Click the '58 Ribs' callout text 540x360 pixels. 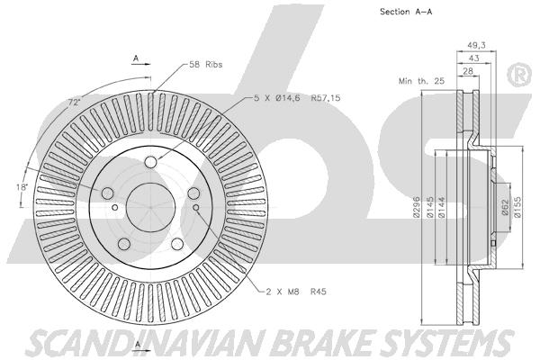[205, 65]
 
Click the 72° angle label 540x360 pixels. [74, 103]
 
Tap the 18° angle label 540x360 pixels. [22, 185]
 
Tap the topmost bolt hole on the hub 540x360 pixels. [151, 161]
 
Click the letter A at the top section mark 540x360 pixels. [136, 58]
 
